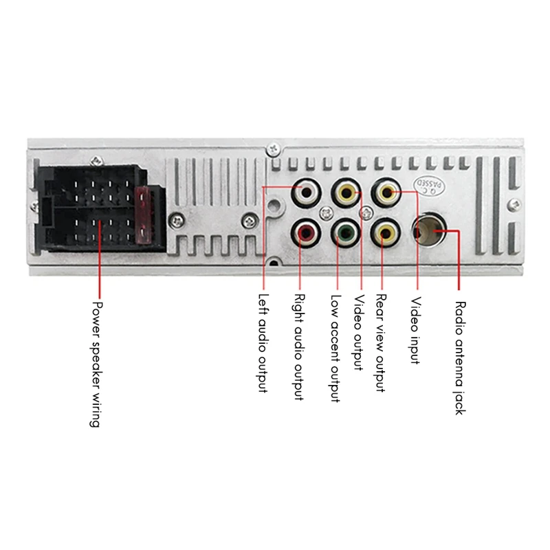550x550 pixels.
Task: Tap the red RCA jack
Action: coord(305,234)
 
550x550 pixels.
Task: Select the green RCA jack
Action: coord(344,234)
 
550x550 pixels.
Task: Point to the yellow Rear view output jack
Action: coord(384,234)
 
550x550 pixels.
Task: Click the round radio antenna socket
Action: coord(430,233)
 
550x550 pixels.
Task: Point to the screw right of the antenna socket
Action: coord(514,205)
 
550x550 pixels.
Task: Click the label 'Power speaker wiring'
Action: coord(96,364)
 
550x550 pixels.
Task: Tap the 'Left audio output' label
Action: coord(263,344)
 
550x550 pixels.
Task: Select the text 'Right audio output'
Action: coord(299,348)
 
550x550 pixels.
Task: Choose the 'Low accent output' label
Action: coord(335,349)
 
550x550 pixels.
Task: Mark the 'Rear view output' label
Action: coord(380,344)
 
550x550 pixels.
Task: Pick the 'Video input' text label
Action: coord(415,331)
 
